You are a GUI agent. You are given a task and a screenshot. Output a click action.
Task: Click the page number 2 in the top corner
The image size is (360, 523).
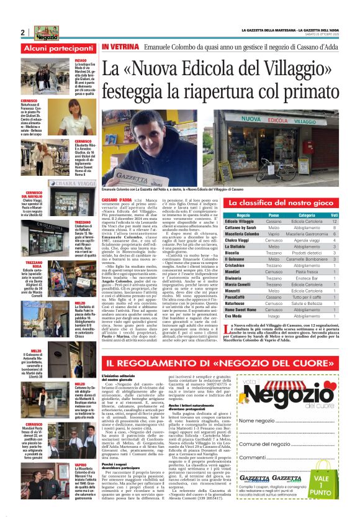pos(22,33)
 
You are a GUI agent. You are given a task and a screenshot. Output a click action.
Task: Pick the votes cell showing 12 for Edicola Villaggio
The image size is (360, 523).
pos(335,221)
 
